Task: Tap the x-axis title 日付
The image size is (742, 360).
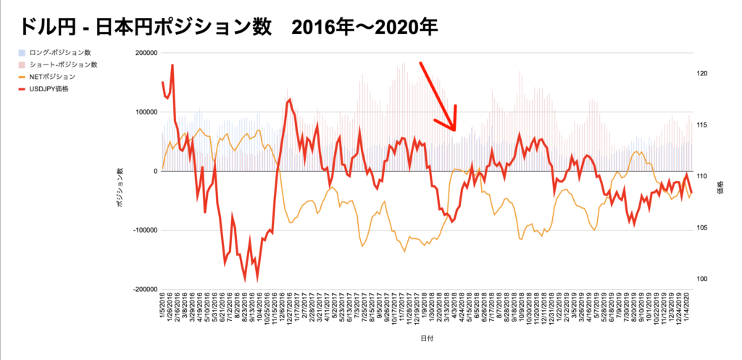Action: click(x=427, y=338)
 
